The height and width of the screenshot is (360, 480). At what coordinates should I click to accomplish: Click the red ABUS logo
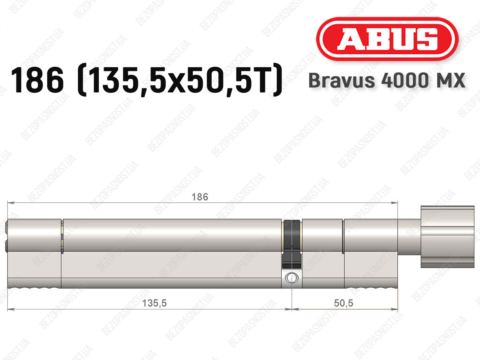387,39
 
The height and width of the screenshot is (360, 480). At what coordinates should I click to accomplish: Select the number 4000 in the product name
405,80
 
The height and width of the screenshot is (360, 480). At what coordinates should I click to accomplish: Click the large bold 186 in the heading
37,80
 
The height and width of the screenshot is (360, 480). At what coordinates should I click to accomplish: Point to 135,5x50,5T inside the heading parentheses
179,80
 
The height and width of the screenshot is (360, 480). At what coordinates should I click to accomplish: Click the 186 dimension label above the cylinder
200,197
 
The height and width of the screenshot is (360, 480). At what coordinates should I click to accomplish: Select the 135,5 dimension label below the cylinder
154,303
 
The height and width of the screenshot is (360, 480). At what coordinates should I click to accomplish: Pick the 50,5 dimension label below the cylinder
344,303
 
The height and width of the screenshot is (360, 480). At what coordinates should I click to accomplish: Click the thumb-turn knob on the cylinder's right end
448,237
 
